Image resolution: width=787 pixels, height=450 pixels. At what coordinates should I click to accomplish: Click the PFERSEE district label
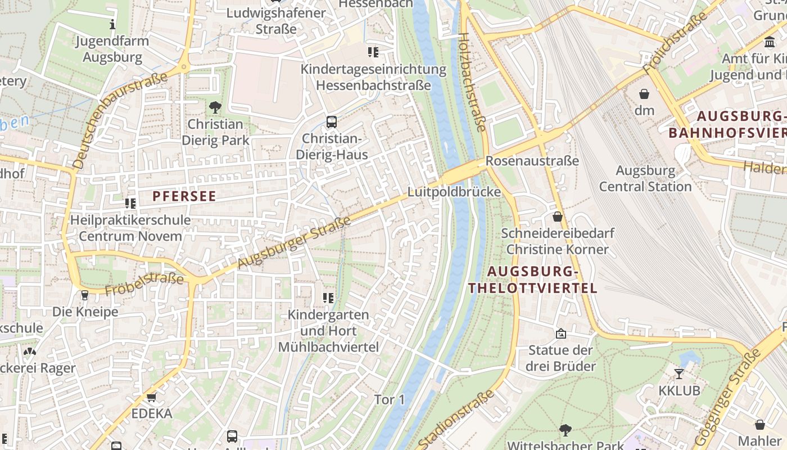(x=184, y=196)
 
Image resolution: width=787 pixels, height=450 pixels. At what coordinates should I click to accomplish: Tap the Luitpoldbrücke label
(x=454, y=192)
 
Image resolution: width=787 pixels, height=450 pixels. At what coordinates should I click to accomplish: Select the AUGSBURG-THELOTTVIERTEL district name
(x=532, y=280)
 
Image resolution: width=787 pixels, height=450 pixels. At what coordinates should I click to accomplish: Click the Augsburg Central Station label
(x=645, y=178)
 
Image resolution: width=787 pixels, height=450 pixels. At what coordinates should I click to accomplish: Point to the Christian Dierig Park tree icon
(x=215, y=107)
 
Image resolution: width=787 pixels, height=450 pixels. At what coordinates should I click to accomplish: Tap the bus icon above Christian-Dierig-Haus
(x=332, y=121)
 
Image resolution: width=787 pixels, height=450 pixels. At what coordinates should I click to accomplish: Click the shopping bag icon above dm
(x=644, y=94)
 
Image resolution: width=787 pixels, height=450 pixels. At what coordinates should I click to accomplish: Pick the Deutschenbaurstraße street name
(x=120, y=120)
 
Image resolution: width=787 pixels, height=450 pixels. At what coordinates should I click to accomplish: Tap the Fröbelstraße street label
(x=144, y=284)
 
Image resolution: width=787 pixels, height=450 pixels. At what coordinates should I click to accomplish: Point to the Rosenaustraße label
(x=532, y=161)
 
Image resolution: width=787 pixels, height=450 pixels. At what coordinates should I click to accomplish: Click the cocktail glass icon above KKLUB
(x=679, y=373)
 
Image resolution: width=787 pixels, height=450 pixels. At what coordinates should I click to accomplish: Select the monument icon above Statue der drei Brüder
(x=560, y=334)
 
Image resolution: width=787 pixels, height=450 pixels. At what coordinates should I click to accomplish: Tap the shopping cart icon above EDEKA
(x=151, y=398)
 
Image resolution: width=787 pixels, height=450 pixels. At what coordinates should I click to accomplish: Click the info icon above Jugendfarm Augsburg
(x=112, y=24)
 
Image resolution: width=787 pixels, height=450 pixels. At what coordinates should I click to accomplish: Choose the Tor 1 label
(x=390, y=399)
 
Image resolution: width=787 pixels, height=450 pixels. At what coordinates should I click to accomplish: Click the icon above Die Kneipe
(x=85, y=295)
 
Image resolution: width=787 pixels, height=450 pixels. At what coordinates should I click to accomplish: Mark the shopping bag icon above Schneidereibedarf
(x=558, y=216)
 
